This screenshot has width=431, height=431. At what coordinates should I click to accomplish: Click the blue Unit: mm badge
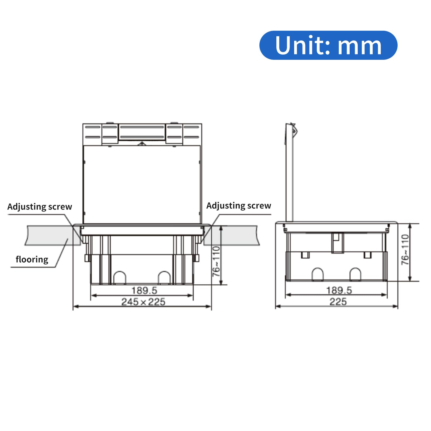(328, 45)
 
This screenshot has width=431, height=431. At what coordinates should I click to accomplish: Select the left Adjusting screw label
(40, 207)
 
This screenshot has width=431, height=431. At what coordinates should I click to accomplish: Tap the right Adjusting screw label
(239, 206)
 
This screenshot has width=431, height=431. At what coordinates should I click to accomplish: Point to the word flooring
(32, 259)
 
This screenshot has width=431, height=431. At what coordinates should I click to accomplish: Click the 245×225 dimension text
(143, 302)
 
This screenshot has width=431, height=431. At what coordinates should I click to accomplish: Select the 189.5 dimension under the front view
(144, 290)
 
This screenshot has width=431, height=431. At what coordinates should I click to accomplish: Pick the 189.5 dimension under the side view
(339, 290)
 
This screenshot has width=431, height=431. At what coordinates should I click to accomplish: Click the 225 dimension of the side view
(338, 301)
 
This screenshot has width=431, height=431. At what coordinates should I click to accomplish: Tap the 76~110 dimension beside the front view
(216, 262)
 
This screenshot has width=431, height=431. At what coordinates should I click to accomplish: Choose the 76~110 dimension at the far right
(405, 250)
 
